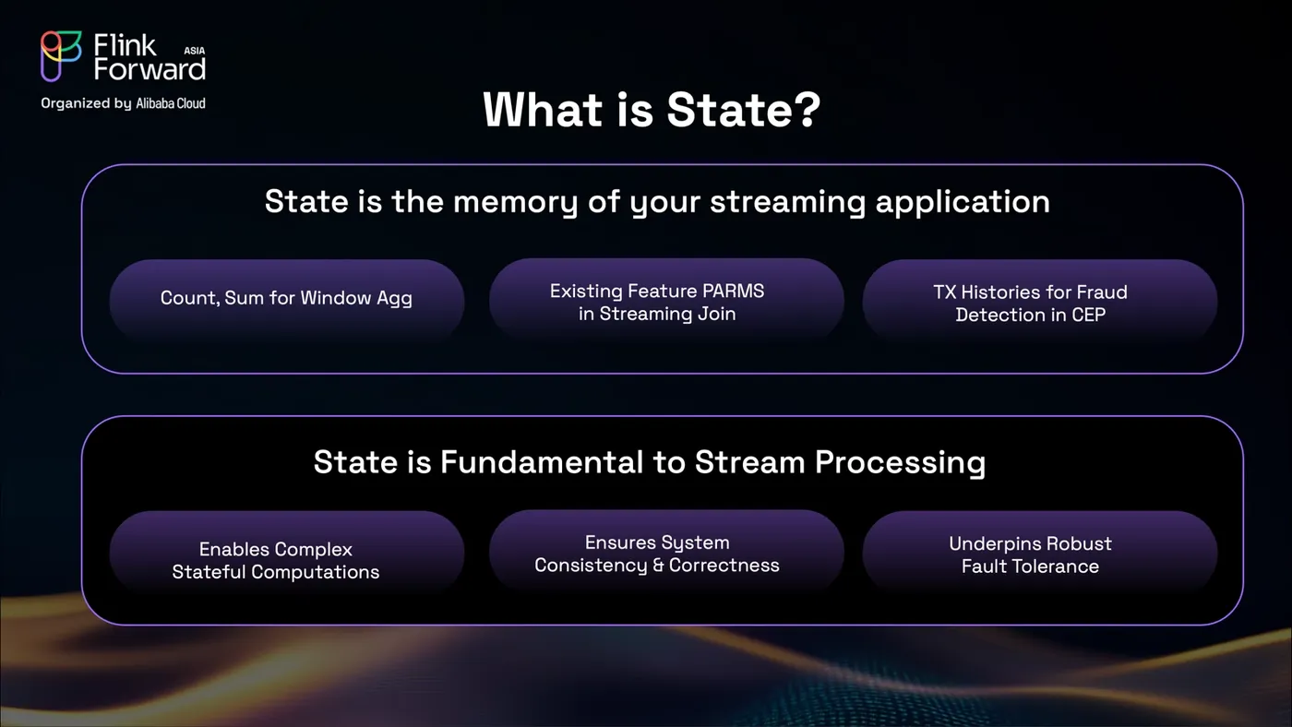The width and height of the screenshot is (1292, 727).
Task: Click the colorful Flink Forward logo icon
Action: pos(61,56)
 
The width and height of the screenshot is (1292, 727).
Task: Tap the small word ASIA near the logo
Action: pos(195,51)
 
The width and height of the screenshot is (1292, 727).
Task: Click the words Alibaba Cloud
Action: pos(171,103)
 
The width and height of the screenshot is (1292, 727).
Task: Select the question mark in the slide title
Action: pos(804,109)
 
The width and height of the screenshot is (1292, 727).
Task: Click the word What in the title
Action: pos(543,109)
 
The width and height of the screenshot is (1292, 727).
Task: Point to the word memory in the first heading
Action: pos(515,202)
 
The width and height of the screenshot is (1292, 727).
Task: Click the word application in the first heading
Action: pos(962,202)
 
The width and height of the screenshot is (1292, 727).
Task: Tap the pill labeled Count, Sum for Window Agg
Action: pos(287,299)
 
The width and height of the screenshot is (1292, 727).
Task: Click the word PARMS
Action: pos(733,292)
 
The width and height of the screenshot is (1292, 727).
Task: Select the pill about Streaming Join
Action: pos(666,299)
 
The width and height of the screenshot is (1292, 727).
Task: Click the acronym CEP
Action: pos(1088,315)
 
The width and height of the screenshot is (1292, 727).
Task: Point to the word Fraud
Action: pos(1104,292)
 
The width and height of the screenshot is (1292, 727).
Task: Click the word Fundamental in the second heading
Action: pos(541,462)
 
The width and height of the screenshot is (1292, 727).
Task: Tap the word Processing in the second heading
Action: pos(900,463)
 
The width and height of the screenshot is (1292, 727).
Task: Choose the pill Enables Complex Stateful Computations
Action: pos(287,552)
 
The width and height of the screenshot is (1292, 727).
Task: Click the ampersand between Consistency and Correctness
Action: pos(658,565)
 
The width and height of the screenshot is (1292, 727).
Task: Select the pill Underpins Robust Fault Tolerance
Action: pos(1039,552)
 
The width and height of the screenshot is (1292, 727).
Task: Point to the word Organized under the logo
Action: pos(75,103)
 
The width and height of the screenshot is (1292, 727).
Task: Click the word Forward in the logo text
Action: pos(150,69)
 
